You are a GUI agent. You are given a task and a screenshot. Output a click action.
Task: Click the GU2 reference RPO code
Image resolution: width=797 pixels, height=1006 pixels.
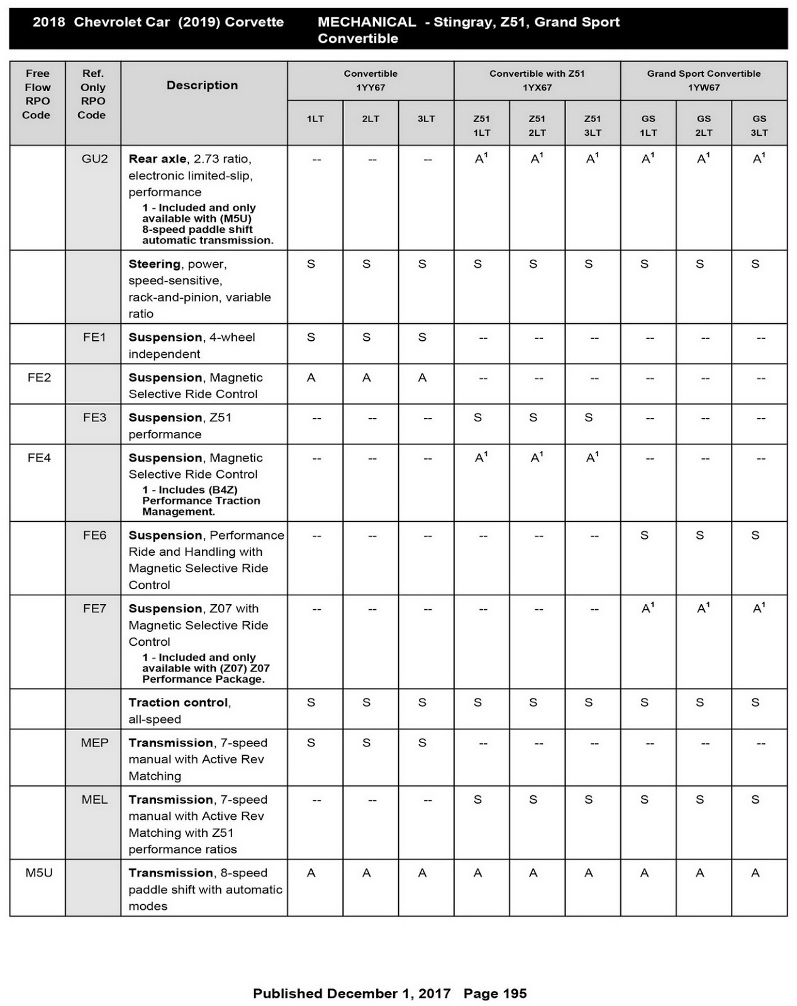pyautogui.click(x=94, y=159)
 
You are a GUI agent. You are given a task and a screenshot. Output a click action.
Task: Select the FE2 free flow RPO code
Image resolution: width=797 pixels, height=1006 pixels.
pyautogui.click(x=39, y=377)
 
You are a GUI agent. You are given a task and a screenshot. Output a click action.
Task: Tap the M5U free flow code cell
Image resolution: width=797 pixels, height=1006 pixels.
pyautogui.click(x=39, y=873)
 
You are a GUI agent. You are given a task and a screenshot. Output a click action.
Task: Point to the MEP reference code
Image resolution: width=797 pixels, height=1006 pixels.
pyautogui.click(x=94, y=743)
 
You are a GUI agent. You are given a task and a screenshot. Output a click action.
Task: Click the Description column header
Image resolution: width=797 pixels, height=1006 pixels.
pyautogui.click(x=202, y=86)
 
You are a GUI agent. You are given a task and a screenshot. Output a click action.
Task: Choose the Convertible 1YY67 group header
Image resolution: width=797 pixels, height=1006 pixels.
pyautogui.click(x=371, y=80)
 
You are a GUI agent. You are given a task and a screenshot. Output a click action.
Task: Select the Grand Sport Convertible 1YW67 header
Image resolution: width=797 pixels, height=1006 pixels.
pyautogui.click(x=703, y=80)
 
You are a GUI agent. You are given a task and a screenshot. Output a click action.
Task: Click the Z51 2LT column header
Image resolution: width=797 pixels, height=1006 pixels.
pyautogui.click(x=537, y=125)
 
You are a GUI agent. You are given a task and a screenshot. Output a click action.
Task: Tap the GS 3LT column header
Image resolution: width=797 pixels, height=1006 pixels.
pyautogui.click(x=759, y=125)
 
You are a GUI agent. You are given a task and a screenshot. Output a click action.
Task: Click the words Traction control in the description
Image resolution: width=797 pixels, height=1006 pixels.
pyautogui.click(x=179, y=702)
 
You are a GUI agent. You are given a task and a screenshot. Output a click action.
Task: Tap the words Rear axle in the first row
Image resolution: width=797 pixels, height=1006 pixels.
pyautogui.click(x=157, y=159)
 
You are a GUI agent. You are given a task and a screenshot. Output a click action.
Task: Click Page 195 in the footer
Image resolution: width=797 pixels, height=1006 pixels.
pyautogui.click(x=495, y=993)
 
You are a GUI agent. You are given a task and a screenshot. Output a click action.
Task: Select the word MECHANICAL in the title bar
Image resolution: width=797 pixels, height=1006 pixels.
pyautogui.click(x=366, y=22)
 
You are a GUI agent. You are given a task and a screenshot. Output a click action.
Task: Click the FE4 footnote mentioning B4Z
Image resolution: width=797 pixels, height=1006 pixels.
pyautogui.click(x=201, y=500)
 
